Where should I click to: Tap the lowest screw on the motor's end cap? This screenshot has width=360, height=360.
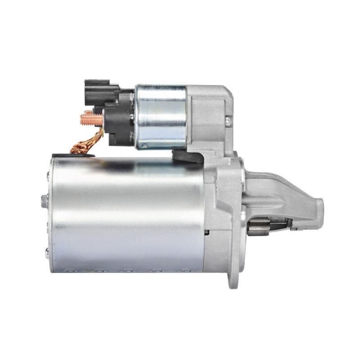(x=46, y=251)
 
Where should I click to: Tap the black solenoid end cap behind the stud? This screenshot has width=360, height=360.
(x=115, y=119)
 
